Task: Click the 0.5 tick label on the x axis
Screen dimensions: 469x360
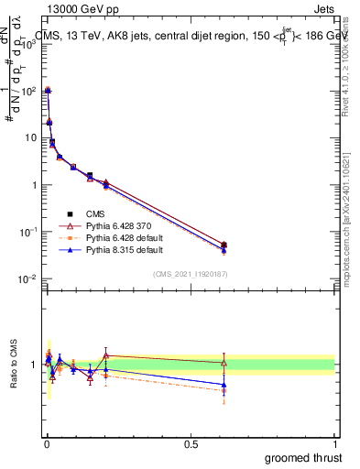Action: point(191,445)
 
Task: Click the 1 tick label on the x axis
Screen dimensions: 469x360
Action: point(334,445)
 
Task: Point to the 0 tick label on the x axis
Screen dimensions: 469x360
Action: point(47,445)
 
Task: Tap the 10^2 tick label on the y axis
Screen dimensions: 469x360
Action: point(27,91)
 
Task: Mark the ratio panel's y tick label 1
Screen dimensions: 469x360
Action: point(35,365)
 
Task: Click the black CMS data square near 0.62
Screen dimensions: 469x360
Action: point(224,245)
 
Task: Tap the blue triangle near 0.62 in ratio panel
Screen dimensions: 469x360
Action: point(224,385)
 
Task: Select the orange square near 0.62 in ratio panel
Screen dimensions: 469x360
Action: point(224,390)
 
